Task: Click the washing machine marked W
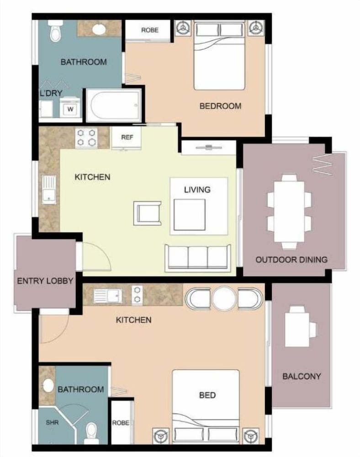point(70,107)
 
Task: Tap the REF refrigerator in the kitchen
point(127,138)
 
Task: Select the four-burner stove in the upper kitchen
point(86,138)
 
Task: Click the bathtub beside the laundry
point(114,105)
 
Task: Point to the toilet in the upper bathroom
point(55,30)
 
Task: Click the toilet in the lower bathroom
point(91,433)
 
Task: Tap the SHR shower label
point(52,422)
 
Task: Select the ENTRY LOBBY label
point(45,281)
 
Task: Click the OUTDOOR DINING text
point(291,260)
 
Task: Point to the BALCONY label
point(302,376)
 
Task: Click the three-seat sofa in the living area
point(198,257)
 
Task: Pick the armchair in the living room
point(148,213)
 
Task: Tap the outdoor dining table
point(289,212)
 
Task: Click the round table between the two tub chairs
point(224,298)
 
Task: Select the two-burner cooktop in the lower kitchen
point(137,295)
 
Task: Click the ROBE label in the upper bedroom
point(150,30)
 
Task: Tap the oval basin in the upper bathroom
point(100,29)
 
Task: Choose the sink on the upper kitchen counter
point(49,190)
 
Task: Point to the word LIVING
point(197,190)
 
